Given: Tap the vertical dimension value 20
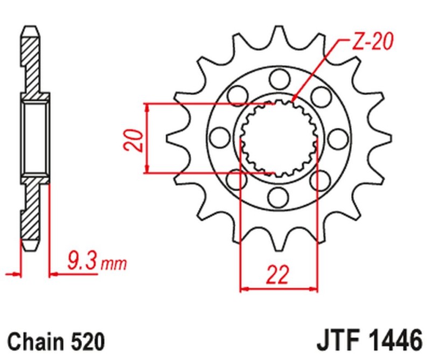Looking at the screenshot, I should click(137, 139).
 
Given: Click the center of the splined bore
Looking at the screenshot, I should click(279, 138).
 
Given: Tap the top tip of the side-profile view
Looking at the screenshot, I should click(31, 26).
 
